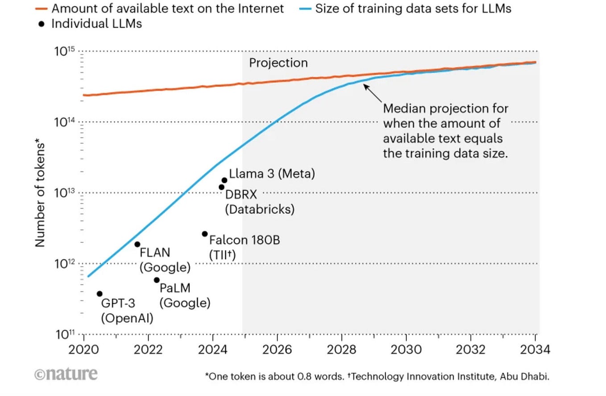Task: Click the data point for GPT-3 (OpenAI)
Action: click(100, 294)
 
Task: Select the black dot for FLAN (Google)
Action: click(137, 244)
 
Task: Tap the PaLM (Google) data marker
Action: click(157, 280)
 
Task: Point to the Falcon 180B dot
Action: click(205, 234)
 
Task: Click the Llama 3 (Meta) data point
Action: click(224, 180)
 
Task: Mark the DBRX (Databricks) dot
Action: click(221, 187)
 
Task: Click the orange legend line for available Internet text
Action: click(41, 8)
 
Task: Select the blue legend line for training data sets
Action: click(305, 8)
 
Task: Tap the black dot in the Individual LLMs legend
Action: click(42, 24)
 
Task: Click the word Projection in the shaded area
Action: click(278, 63)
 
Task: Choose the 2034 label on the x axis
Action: click(535, 349)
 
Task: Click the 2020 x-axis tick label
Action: click(83, 349)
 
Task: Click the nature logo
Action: click(66, 374)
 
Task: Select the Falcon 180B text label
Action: click(245, 240)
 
